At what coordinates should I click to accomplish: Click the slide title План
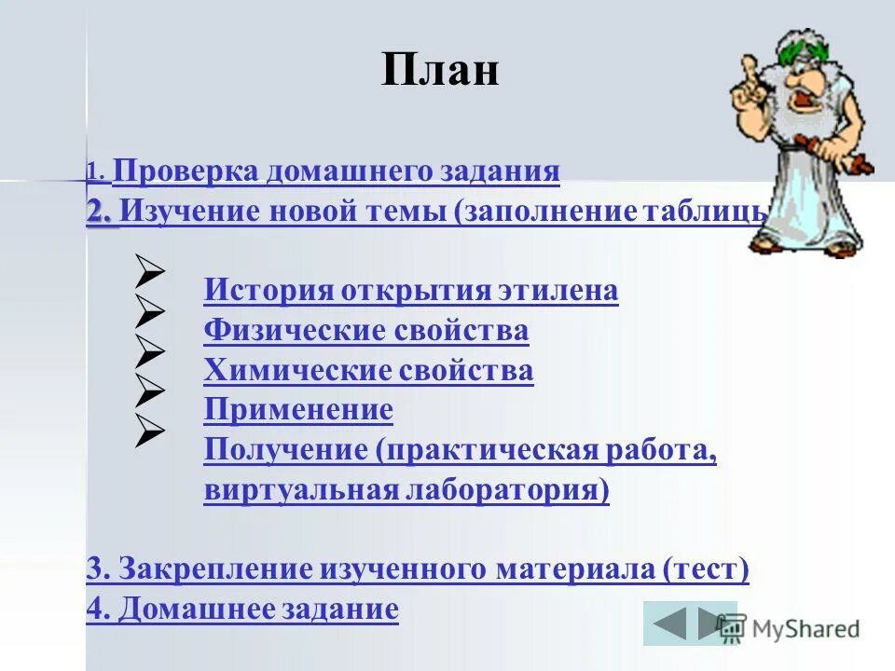pos(439,70)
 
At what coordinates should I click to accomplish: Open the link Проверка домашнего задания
pos(336,171)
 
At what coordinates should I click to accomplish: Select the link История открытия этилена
pos(410,291)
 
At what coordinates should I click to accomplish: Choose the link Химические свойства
pos(368,371)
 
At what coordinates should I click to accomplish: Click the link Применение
pos(298,410)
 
